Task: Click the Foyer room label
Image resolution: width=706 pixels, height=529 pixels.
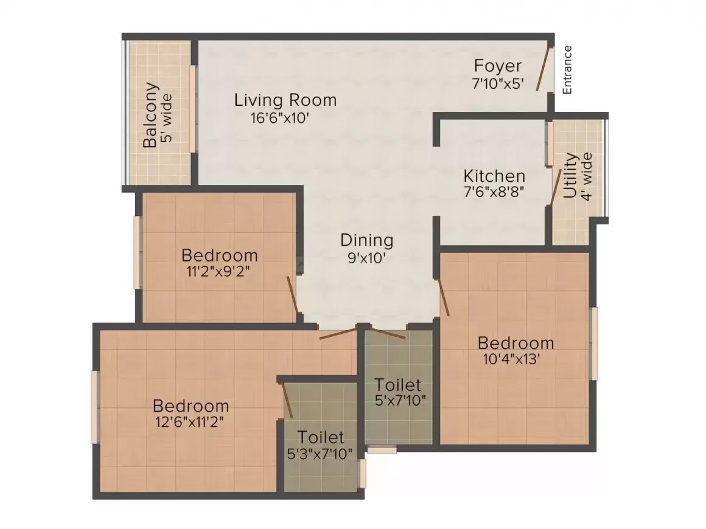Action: point(497,66)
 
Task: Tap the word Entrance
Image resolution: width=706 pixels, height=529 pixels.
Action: point(567,70)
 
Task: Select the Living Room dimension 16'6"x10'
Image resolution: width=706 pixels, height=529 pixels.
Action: point(280,118)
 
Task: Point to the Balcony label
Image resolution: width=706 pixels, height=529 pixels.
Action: point(151,115)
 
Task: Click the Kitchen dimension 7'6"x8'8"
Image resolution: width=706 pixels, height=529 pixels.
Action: point(494,192)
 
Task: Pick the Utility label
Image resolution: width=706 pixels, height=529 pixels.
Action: point(570,176)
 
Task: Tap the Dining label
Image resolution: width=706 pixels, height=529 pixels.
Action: point(366,240)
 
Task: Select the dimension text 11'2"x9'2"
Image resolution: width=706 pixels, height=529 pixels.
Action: point(218,271)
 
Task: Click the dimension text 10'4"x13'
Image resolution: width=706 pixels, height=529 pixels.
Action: point(511,359)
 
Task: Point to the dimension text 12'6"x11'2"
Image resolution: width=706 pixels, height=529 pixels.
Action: point(189,421)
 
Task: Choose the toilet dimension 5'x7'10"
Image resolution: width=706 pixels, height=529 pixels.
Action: point(400,400)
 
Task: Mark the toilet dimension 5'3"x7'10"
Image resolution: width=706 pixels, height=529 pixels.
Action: point(320,454)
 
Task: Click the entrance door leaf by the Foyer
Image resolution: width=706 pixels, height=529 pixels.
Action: point(542,68)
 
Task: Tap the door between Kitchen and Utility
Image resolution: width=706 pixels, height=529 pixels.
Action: point(555,187)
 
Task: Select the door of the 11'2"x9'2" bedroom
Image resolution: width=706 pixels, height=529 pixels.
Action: point(292,295)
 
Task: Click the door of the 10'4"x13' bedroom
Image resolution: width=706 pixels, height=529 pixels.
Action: point(444,297)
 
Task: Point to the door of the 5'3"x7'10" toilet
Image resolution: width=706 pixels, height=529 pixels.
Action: point(287,401)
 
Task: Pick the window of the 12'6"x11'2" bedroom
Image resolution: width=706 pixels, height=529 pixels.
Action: point(94,407)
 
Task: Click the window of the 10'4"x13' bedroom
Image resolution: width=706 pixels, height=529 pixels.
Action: point(595,344)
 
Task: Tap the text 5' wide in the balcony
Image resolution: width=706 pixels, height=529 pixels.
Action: point(166,118)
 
